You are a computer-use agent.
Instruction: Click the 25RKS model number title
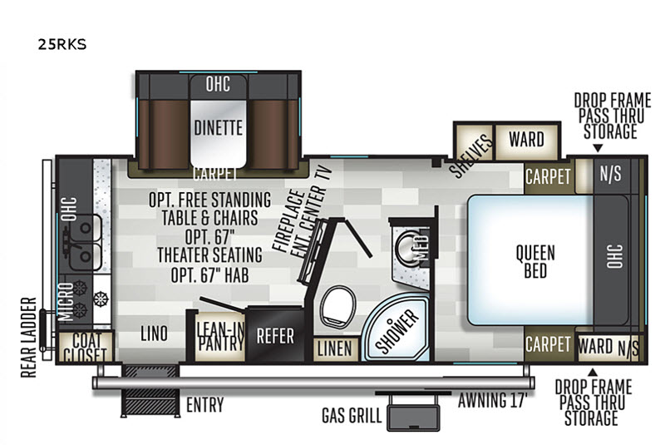pyautogui.click(x=62, y=44)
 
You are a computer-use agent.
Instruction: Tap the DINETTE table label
pyautogui.click(x=218, y=128)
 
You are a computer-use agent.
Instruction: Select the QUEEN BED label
pyautogui.click(x=535, y=262)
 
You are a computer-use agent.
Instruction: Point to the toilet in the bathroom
pyautogui.click(x=337, y=306)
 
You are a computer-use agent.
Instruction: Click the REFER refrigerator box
pyautogui.click(x=275, y=335)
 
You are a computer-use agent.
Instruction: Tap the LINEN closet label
pyautogui.click(x=335, y=349)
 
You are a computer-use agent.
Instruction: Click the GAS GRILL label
pyautogui.click(x=352, y=415)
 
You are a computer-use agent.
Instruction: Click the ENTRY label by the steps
pyautogui.click(x=204, y=405)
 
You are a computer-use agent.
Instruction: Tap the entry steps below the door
pyautogui.click(x=150, y=390)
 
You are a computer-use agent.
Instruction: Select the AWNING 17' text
pyautogui.click(x=492, y=400)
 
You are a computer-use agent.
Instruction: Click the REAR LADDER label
pyautogui.click(x=29, y=337)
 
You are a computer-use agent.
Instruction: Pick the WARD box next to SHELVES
pyautogui.click(x=527, y=141)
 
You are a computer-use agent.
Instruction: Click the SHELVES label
pyautogui.click(x=471, y=156)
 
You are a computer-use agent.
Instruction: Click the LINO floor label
pyautogui.click(x=154, y=334)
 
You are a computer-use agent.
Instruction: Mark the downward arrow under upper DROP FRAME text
pyautogui.click(x=598, y=148)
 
